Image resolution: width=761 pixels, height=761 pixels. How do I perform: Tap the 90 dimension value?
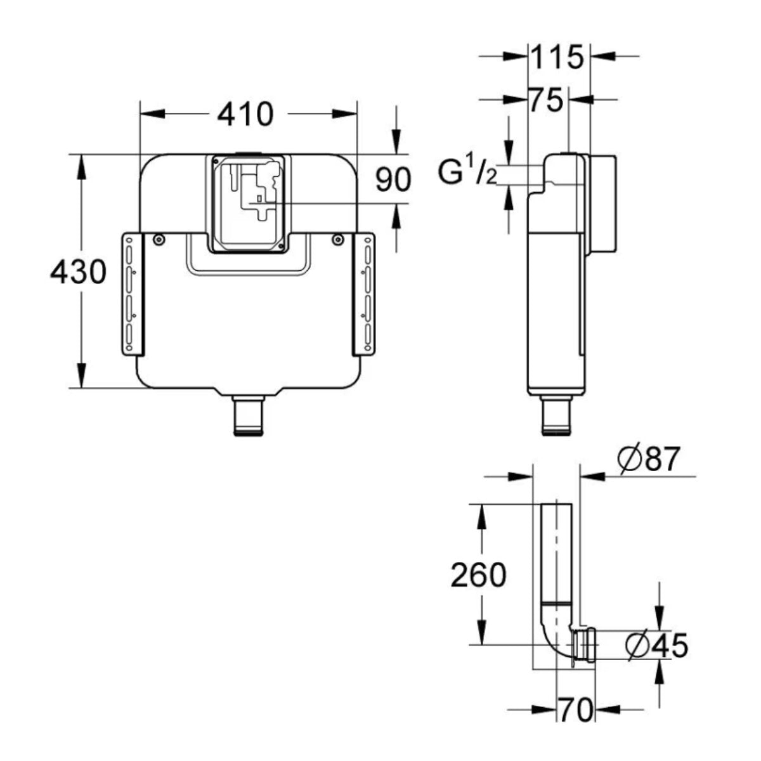pos(393,179)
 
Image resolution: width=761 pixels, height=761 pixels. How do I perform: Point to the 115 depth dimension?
pos(556,58)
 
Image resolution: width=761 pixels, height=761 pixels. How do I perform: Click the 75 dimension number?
pos(546,100)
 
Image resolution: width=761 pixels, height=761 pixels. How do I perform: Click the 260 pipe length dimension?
pos(478,575)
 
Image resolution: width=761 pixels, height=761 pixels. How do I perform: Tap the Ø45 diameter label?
pos(656,646)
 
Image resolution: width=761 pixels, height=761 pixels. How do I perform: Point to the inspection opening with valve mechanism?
pos(248,202)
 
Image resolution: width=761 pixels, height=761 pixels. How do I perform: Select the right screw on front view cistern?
pos(339,239)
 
